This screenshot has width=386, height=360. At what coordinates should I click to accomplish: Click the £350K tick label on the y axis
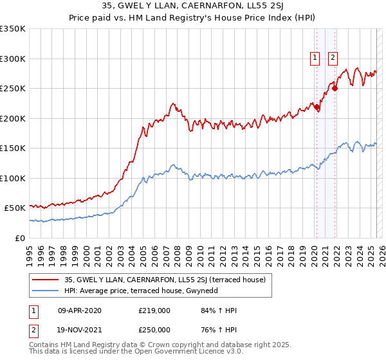13,29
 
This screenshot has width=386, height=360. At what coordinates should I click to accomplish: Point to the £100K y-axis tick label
13,178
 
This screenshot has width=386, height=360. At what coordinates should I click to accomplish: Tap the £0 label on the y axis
19,238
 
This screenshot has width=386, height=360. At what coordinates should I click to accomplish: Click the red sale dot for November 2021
335,89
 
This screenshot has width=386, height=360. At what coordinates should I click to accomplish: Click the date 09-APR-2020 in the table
78,310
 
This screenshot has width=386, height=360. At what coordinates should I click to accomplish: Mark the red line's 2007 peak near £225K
172,103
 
